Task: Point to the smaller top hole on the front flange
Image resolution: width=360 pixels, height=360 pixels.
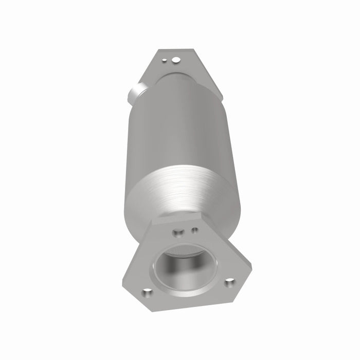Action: click(x=194, y=230)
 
